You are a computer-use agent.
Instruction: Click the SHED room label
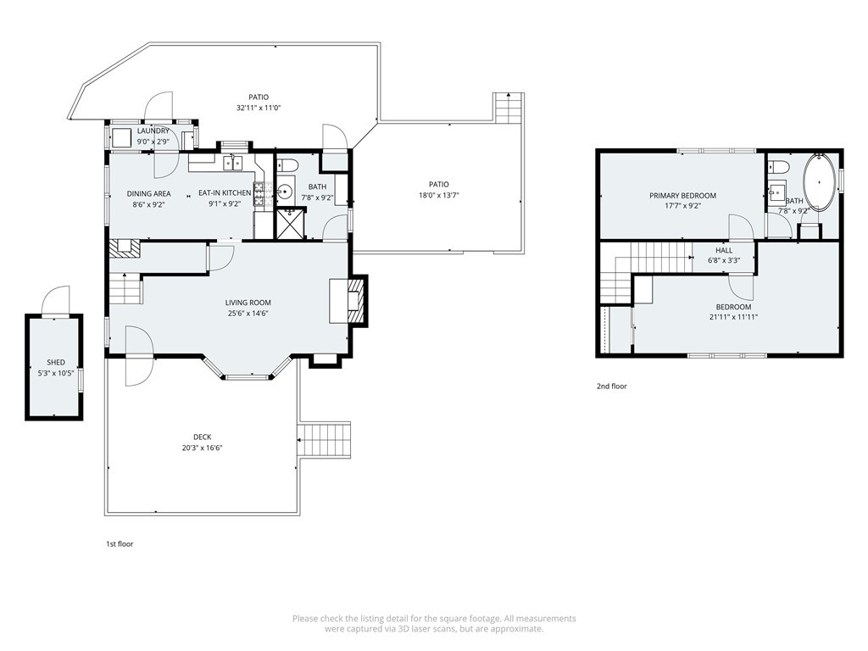point(55,363)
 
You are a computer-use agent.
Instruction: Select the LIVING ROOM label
point(248,303)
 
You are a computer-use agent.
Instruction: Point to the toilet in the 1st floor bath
point(287,164)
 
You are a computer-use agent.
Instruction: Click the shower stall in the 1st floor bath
point(290,223)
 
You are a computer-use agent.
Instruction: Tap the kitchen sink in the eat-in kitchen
point(233,163)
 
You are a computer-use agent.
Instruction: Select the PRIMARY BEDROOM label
point(682,196)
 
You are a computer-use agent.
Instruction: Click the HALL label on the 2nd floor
point(724,250)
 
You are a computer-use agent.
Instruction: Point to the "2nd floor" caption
point(612,387)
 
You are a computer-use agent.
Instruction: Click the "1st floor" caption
point(120,544)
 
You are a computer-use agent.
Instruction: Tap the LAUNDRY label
point(153,131)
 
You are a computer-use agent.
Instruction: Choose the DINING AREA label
point(149,194)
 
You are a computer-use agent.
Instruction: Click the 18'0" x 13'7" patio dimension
point(439,195)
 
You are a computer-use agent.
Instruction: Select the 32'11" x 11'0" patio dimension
point(259,108)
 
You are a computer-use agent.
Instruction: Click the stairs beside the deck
point(325,440)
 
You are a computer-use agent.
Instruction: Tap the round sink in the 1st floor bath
point(285,192)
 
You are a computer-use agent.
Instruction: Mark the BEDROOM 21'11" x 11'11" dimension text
point(733,317)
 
